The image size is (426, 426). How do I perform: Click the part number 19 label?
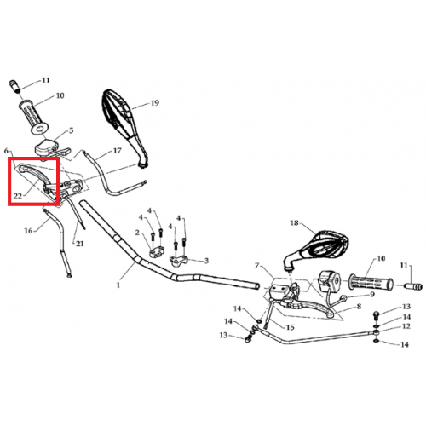point(155,103)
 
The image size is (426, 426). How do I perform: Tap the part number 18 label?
point(295,223)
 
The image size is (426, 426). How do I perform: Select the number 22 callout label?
point(18,196)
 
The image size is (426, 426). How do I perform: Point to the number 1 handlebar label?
point(118,285)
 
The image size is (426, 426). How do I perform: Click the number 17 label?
point(118,151)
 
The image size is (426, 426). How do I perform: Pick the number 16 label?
point(28,231)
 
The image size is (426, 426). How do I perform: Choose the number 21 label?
point(80,244)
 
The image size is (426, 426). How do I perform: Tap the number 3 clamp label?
point(206,261)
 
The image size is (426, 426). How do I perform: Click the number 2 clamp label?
point(137,233)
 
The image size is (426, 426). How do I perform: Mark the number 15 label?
point(290,327)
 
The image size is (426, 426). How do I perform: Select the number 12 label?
point(406,326)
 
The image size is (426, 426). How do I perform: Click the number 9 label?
point(372,295)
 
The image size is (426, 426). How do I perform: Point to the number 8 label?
point(359,307)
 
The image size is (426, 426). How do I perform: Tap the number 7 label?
point(257,266)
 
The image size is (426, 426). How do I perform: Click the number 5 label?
point(71,130)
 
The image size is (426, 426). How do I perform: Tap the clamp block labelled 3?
point(179,260)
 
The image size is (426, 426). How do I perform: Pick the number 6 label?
point(6,151)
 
